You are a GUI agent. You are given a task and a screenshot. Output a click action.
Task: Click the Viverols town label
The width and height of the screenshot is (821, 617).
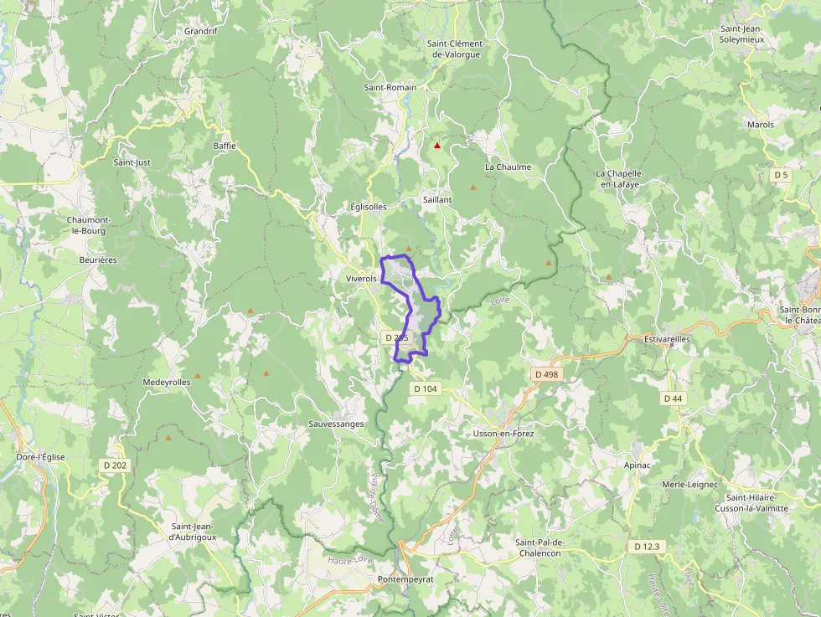361,278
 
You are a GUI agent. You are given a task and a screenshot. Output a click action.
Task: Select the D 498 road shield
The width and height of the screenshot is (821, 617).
546,374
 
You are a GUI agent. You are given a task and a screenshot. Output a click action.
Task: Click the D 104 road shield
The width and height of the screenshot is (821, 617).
425,388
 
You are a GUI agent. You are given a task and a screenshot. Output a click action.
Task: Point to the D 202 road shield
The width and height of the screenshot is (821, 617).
115,465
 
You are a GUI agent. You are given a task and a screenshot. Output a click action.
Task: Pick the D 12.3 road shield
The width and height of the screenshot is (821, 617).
646,547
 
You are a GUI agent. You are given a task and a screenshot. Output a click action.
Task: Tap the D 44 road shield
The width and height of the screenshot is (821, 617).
673,398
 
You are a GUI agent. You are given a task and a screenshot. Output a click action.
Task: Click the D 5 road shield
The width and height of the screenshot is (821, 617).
781,175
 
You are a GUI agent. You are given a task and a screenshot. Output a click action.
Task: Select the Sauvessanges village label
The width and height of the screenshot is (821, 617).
336,424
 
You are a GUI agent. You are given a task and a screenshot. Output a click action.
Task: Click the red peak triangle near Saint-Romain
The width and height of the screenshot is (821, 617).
436,146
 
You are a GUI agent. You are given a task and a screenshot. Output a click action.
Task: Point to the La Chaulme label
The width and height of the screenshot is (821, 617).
508,167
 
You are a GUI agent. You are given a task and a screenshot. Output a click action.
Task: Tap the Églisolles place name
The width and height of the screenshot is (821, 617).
369,207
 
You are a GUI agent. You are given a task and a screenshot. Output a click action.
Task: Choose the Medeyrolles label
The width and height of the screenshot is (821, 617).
167,382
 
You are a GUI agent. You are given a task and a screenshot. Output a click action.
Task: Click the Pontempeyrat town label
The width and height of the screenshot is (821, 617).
405,579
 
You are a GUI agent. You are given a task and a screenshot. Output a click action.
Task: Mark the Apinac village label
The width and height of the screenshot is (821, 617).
637,464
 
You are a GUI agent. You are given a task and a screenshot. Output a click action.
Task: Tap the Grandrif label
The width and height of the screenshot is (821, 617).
201,32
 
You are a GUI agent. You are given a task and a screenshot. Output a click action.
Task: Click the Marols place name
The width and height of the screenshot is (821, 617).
761,125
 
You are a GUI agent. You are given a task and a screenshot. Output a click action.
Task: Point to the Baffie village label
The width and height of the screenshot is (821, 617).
225,146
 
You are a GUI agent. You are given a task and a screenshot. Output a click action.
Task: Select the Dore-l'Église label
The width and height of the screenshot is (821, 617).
40,457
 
